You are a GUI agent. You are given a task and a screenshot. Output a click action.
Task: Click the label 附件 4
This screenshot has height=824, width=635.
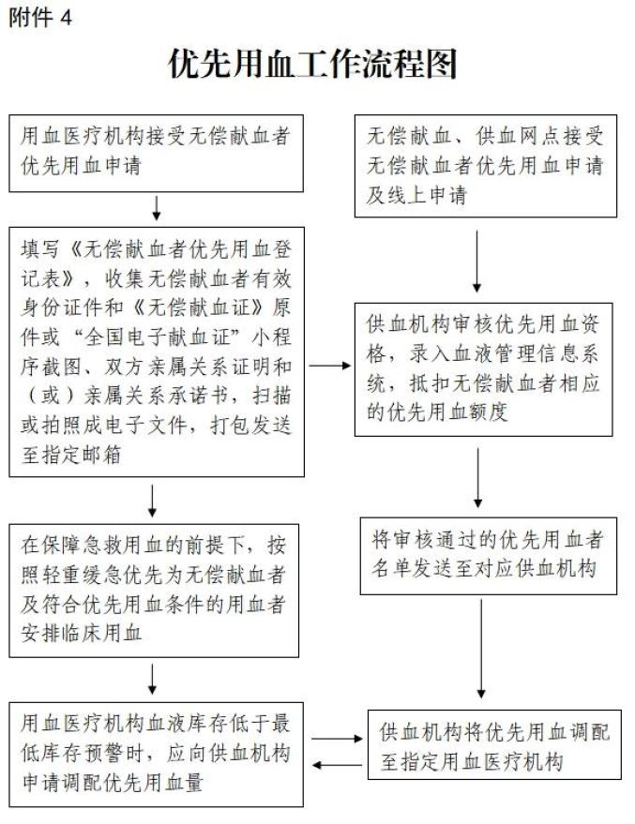click(x=39, y=18)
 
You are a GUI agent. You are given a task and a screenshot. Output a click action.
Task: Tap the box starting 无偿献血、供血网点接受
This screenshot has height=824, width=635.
click(x=485, y=165)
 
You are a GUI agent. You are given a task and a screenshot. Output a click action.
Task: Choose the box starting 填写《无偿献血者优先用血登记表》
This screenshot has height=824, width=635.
click(x=157, y=350)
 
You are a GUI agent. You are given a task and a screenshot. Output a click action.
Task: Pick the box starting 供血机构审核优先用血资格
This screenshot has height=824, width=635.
click(x=485, y=368)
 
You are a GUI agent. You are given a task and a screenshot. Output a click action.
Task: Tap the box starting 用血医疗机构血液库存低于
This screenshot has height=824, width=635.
click(x=157, y=753)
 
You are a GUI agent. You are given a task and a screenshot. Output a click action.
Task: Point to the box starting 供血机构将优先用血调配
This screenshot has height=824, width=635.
click(x=494, y=746)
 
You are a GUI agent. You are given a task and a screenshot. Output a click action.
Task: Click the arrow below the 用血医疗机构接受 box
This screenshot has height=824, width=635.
click(x=157, y=206)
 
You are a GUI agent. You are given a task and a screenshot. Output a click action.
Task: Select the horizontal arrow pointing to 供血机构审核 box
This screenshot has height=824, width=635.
click(x=329, y=366)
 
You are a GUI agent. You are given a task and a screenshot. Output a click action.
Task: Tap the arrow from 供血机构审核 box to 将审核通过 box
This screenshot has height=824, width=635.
click(x=479, y=478)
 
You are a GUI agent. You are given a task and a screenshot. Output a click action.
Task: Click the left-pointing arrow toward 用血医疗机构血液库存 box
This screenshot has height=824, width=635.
click(x=335, y=765)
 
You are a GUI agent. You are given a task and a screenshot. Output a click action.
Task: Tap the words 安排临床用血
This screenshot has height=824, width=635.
click(x=82, y=634)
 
